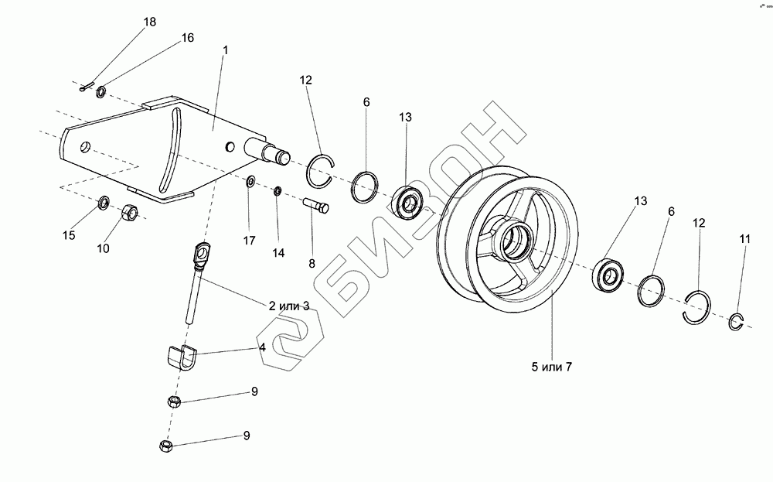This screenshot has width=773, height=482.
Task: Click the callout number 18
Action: click(150, 22)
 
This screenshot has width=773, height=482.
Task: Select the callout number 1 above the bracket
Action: click(225, 50)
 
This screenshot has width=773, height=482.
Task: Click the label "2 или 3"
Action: click(289, 306)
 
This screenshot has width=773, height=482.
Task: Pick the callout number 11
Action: click(744, 239)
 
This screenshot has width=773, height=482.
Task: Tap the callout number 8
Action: click(312, 263)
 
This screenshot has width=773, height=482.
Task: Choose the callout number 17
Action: click(249, 241)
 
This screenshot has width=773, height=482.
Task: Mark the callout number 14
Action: click(278, 253)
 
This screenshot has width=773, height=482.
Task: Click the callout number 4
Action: click(263, 347)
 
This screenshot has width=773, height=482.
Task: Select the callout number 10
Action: click(103, 248)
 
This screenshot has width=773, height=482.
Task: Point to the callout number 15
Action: click(69, 235)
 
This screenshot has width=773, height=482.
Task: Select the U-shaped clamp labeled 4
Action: click(182, 357)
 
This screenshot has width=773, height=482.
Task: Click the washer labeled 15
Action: click(103, 204)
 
